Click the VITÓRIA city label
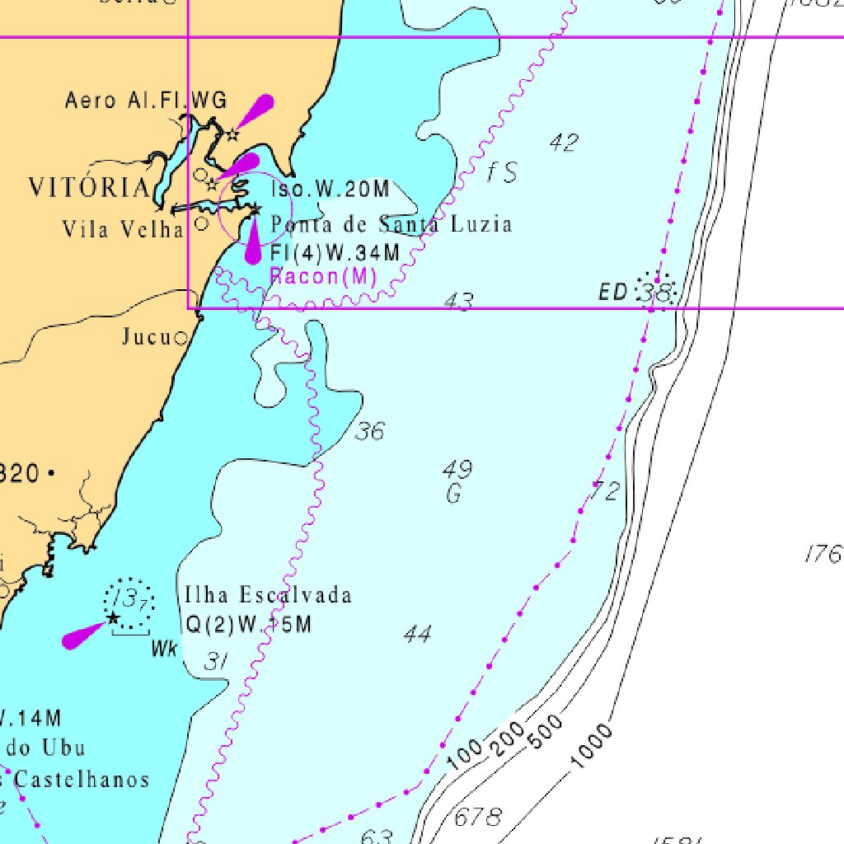point(89,187)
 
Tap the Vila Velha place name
point(123,228)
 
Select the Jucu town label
point(146,336)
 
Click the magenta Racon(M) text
point(323,276)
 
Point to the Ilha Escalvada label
point(268,595)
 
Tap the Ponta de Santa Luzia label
point(391,224)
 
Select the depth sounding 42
point(564,143)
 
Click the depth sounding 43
point(458,302)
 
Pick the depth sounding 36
point(369,430)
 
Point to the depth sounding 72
point(605,492)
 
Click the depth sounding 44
point(418,634)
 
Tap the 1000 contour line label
point(592,745)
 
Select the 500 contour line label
point(546,732)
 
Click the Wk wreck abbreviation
point(164,649)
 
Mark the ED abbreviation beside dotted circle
point(614,291)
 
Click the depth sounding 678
point(478,818)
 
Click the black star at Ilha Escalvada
point(113,617)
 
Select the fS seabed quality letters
point(501,172)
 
